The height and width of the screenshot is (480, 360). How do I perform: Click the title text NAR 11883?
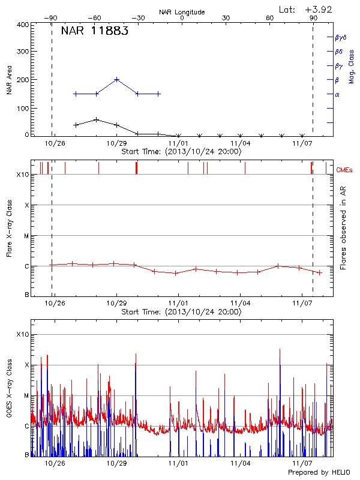click(94, 32)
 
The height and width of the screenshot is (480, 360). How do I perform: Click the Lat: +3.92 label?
click(306, 9)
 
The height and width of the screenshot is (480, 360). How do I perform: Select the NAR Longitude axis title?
click(182, 12)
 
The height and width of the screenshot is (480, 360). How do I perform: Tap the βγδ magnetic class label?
click(341, 37)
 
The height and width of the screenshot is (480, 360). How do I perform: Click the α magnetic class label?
click(337, 94)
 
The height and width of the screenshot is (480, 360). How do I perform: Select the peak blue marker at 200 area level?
click(116, 79)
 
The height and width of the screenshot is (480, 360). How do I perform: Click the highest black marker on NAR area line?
click(97, 120)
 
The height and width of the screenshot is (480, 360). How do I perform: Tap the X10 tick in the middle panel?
click(23, 175)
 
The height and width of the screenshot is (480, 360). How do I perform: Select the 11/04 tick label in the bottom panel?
click(240, 463)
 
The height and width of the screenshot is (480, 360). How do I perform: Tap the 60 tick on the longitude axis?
click(270, 19)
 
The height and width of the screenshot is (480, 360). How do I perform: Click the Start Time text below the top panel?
click(181, 152)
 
